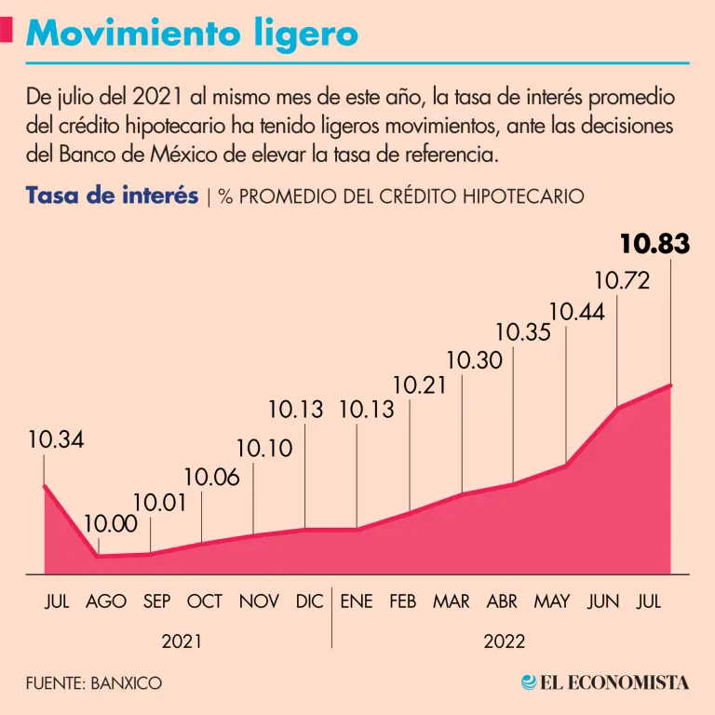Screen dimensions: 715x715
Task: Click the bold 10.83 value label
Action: [x=655, y=245]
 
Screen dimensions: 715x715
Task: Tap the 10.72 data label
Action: [x=621, y=280]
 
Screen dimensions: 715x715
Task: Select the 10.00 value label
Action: [x=110, y=524]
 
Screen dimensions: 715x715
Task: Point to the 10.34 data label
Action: [x=56, y=440]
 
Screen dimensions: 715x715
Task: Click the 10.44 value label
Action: [x=577, y=312]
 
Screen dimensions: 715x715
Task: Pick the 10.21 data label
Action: [x=421, y=384]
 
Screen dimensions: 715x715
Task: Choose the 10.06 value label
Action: [x=211, y=478]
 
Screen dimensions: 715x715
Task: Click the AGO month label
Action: [x=106, y=601]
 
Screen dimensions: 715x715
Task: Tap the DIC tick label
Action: [x=309, y=601]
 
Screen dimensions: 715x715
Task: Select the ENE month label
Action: [x=356, y=601]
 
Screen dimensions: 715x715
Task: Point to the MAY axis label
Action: [x=551, y=601]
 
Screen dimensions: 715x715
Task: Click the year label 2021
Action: [x=182, y=641]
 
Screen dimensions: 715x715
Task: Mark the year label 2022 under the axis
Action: [x=504, y=641]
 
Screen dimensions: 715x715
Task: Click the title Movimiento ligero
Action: [x=192, y=34]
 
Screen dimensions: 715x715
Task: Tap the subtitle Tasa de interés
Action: [x=112, y=196]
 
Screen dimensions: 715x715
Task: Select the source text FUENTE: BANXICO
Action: [x=93, y=682]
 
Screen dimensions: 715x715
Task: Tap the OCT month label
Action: [x=205, y=601]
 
